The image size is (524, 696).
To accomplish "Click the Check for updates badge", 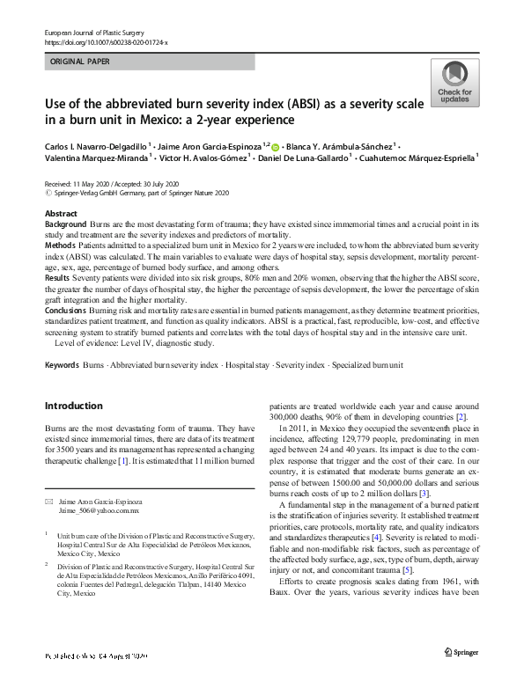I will [x=454, y=84].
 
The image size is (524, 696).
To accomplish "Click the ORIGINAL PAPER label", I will [x=80, y=62].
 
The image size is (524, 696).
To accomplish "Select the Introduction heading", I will [x=73, y=406].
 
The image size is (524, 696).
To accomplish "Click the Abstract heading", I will [x=60, y=214].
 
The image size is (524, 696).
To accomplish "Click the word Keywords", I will [x=62, y=363].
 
